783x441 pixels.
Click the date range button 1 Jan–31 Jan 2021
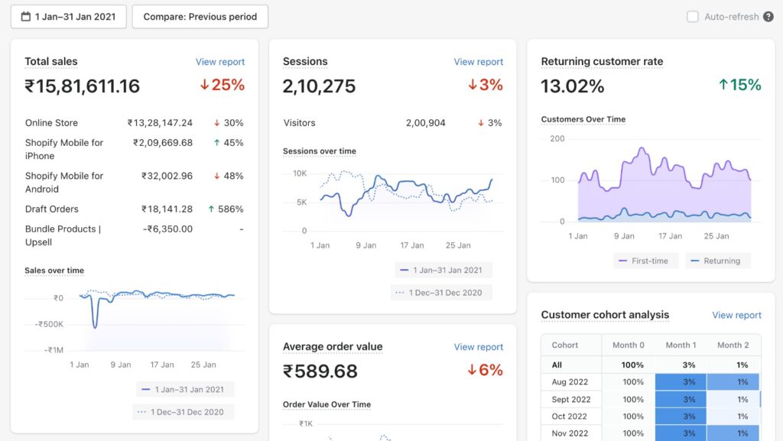pyautogui.click(x=68, y=17)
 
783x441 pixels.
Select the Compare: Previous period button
pyautogui.click(x=200, y=17)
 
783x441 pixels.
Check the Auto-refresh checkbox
pyautogui.click(x=693, y=17)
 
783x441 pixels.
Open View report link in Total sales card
pyautogui.click(x=220, y=62)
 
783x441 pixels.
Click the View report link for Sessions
pyautogui.click(x=479, y=62)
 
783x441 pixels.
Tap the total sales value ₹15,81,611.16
pyautogui.click(x=83, y=86)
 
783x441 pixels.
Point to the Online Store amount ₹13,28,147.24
pyautogui.click(x=160, y=123)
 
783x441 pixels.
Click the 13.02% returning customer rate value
pyautogui.click(x=573, y=86)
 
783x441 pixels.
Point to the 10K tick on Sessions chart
pyautogui.click(x=300, y=173)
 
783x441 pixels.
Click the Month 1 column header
pyautogui.click(x=681, y=345)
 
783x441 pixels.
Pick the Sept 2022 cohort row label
pyautogui.click(x=571, y=399)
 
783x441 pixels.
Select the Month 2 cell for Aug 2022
pyautogui.click(x=733, y=382)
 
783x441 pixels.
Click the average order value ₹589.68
pyautogui.click(x=320, y=371)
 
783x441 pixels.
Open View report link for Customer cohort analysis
pyautogui.click(x=736, y=315)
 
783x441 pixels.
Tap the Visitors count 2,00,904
pyautogui.click(x=426, y=123)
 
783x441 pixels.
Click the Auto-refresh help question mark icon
pyautogui.click(x=768, y=17)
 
